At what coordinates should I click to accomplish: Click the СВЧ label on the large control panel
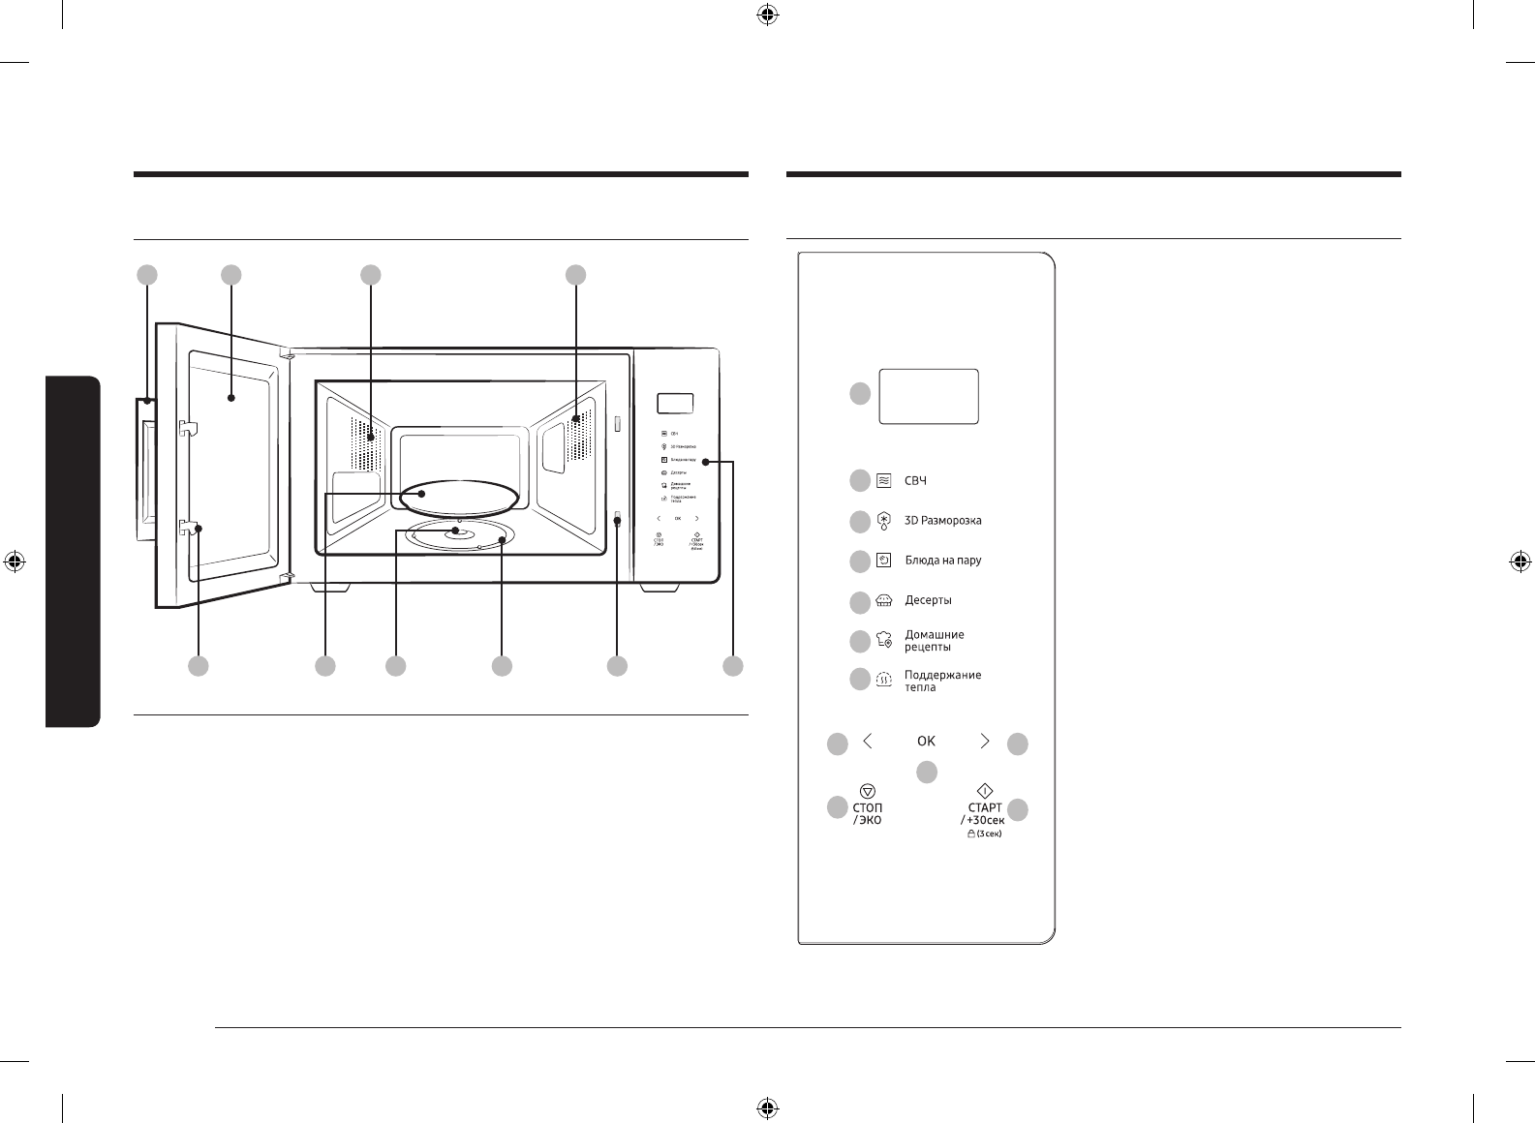(916, 480)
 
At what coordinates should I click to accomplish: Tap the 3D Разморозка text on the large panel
(942, 521)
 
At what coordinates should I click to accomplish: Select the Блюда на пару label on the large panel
(942, 561)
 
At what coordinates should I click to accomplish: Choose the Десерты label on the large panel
(928, 600)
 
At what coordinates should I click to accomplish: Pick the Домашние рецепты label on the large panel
(934, 641)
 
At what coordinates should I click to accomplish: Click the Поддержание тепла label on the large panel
(942, 681)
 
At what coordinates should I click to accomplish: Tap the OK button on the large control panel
(926, 741)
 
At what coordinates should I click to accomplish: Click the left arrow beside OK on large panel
(868, 741)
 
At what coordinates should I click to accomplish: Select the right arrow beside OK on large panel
(985, 741)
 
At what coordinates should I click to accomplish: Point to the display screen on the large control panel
(929, 395)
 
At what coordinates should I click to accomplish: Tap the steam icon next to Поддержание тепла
(883, 680)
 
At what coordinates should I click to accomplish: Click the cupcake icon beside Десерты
(883, 600)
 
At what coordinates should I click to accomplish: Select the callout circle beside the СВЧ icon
(859, 480)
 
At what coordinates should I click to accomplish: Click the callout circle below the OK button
(927, 772)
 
